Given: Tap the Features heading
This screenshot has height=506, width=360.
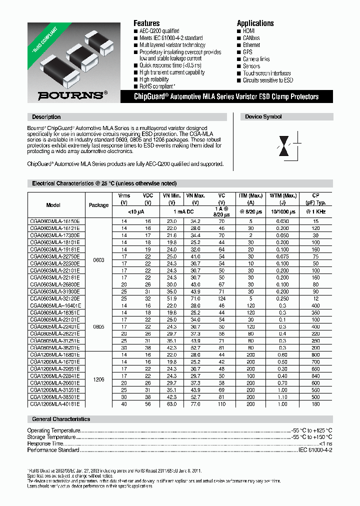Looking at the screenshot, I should tap(146, 23).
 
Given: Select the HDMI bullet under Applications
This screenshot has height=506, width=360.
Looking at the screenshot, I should tap(248, 31).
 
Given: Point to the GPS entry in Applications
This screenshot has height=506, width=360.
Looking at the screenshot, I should tap(247, 52).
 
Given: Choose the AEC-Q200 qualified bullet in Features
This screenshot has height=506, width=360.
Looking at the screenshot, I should tap(159, 31).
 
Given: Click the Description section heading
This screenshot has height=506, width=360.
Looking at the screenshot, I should tap(46, 117).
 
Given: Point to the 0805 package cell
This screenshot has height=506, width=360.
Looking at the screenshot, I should tap(98, 327).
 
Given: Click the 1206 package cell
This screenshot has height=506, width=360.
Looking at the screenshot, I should tap(98, 379).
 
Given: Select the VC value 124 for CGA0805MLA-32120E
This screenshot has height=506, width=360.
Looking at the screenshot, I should tap(221, 299).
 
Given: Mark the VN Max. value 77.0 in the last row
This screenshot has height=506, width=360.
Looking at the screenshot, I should tap(195, 403).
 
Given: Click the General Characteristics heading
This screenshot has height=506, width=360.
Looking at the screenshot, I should tap(61, 419).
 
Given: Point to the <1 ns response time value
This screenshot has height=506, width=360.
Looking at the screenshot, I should tap(325, 443).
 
